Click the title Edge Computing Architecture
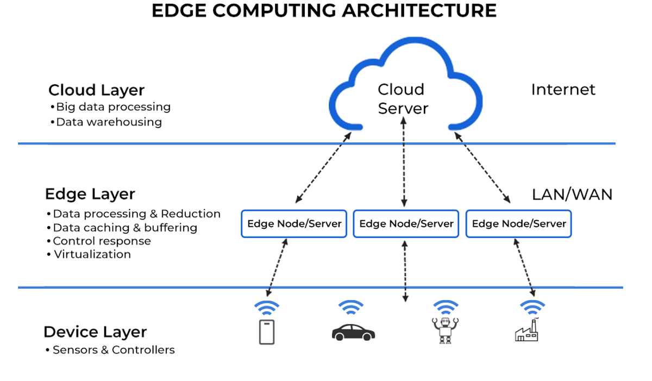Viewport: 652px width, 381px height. pos(324,11)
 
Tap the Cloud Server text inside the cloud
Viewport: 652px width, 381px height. pos(403,99)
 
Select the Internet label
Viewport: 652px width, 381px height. pos(563,90)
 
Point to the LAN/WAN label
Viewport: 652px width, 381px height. pos(572,195)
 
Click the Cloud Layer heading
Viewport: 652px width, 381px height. pos(96,90)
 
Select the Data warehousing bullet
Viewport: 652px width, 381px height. pos(109,122)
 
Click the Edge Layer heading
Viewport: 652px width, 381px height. pos(90,194)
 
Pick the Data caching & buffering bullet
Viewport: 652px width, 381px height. pos(124,228)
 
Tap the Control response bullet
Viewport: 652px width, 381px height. pos(102,241)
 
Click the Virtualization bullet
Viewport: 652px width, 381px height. pos(92,254)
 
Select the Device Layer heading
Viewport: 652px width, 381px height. pos(95,332)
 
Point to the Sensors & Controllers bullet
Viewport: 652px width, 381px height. pos(113,350)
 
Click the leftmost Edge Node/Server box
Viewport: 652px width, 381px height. pos(294,224)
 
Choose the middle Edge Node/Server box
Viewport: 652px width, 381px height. pos(406,224)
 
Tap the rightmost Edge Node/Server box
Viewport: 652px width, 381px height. pos(519,224)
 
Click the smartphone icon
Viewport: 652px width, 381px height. pos(266,332)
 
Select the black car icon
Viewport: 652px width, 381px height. pos(353,332)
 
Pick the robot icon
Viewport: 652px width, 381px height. pos(446,330)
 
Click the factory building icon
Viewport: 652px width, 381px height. pos(526,330)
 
